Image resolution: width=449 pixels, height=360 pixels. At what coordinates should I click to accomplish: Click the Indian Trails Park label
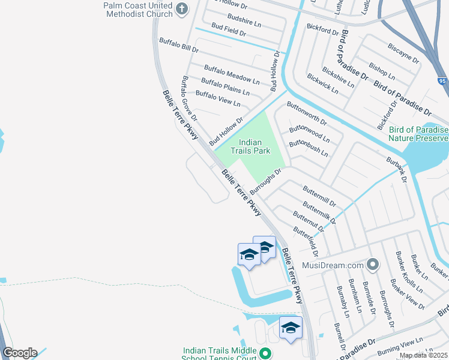point(255,147)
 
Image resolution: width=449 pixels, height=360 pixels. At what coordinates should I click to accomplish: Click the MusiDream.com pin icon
point(373,265)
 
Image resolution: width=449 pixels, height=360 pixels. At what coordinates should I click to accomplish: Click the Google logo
point(20,353)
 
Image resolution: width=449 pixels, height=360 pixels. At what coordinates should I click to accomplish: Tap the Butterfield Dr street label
point(305,239)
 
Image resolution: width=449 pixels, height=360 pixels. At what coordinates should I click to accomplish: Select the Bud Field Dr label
point(229,30)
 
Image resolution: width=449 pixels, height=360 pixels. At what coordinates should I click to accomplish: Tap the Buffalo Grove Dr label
point(189,94)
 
